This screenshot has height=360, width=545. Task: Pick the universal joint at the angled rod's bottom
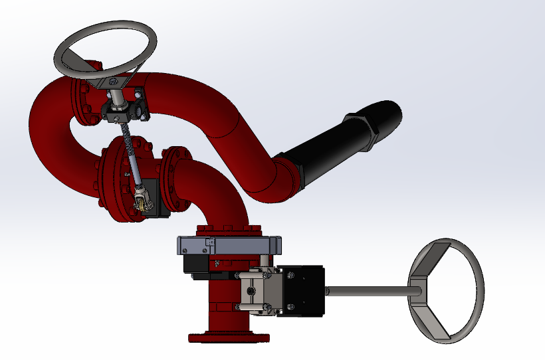[x=141, y=198]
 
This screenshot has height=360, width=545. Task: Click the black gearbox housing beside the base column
[x=300, y=291]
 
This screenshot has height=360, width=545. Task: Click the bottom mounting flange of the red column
[x=229, y=336]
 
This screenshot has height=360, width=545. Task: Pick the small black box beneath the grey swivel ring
[x=197, y=266]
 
